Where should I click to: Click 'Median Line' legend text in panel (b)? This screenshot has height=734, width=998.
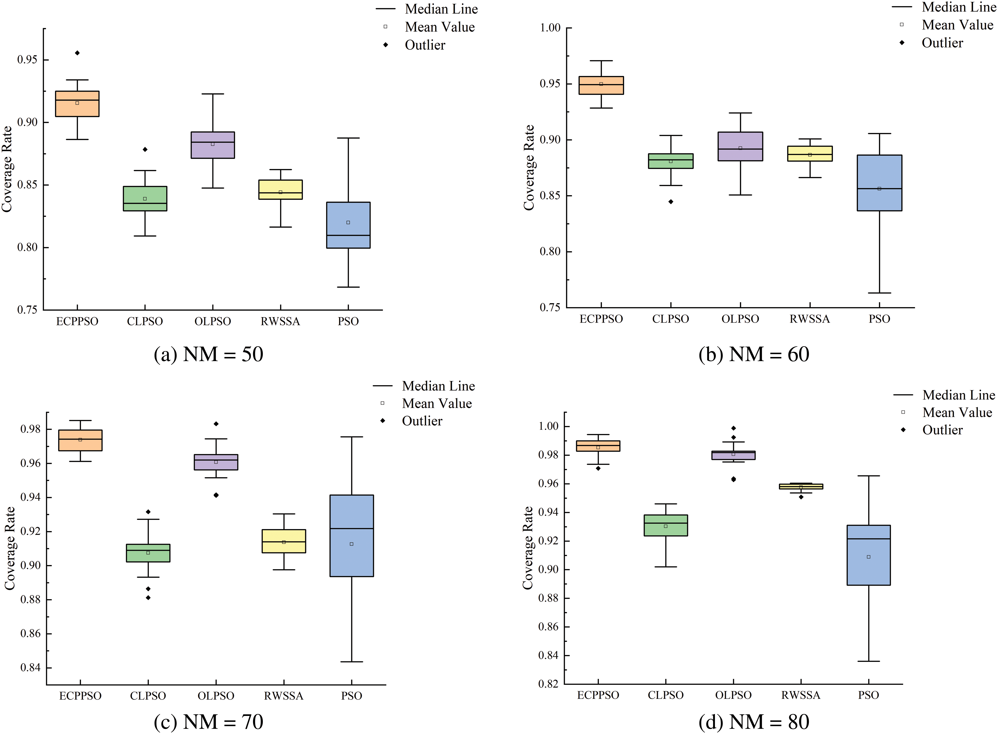point(959,7)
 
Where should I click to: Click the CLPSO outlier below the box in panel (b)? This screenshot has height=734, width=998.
point(671,202)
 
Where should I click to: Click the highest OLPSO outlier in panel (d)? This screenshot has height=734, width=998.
point(733,428)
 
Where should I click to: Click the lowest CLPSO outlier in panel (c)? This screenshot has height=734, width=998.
point(148,598)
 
